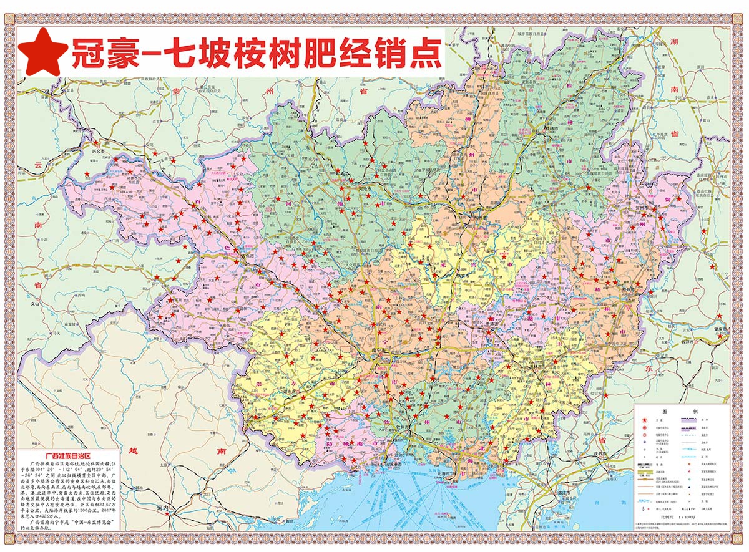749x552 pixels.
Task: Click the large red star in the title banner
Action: [x=45, y=52]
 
